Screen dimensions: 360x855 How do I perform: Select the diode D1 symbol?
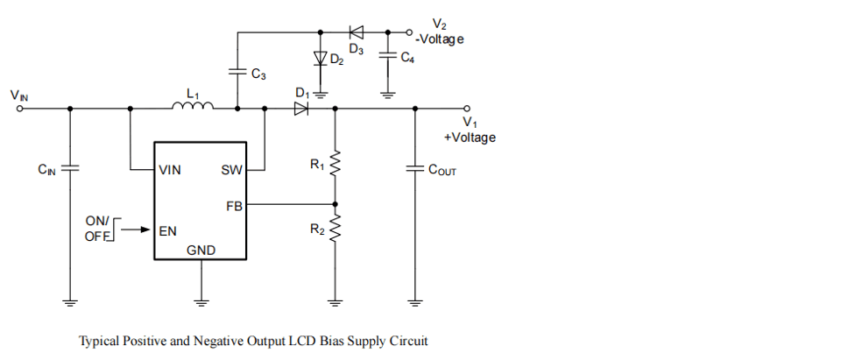301,109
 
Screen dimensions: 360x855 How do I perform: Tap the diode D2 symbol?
321,59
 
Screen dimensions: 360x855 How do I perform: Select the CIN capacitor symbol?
70,168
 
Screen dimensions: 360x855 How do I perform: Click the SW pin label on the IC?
231,170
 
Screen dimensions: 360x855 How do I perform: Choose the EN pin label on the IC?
167,231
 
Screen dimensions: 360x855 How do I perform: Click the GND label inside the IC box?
201,251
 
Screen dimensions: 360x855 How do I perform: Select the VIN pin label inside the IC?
170,170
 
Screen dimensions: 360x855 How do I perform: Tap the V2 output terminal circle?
409,33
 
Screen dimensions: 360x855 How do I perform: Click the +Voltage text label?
470,138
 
